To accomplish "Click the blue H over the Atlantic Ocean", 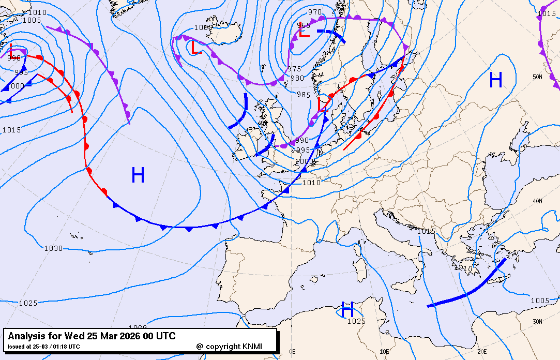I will click(x=138, y=175).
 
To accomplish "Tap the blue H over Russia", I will click(x=495, y=80).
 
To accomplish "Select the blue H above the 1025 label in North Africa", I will click(x=347, y=310).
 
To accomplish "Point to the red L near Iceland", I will click(x=195, y=48).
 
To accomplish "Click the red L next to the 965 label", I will click(x=304, y=32).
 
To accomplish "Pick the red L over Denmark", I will click(x=323, y=103).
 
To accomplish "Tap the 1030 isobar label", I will click(x=53, y=248).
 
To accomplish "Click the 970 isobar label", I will click(x=314, y=12).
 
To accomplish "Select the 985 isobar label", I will click(x=304, y=95).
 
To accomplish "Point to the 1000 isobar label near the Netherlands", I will click(x=304, y=161).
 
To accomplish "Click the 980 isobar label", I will click(x=297, y=79).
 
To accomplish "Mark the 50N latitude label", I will click(x=538, y=77).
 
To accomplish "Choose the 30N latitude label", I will click(x=538, y=321).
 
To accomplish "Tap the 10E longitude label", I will click(x=384, y=352).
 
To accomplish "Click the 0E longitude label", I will click(x=292, y=352).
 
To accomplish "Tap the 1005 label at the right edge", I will click(x=540, y=301).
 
